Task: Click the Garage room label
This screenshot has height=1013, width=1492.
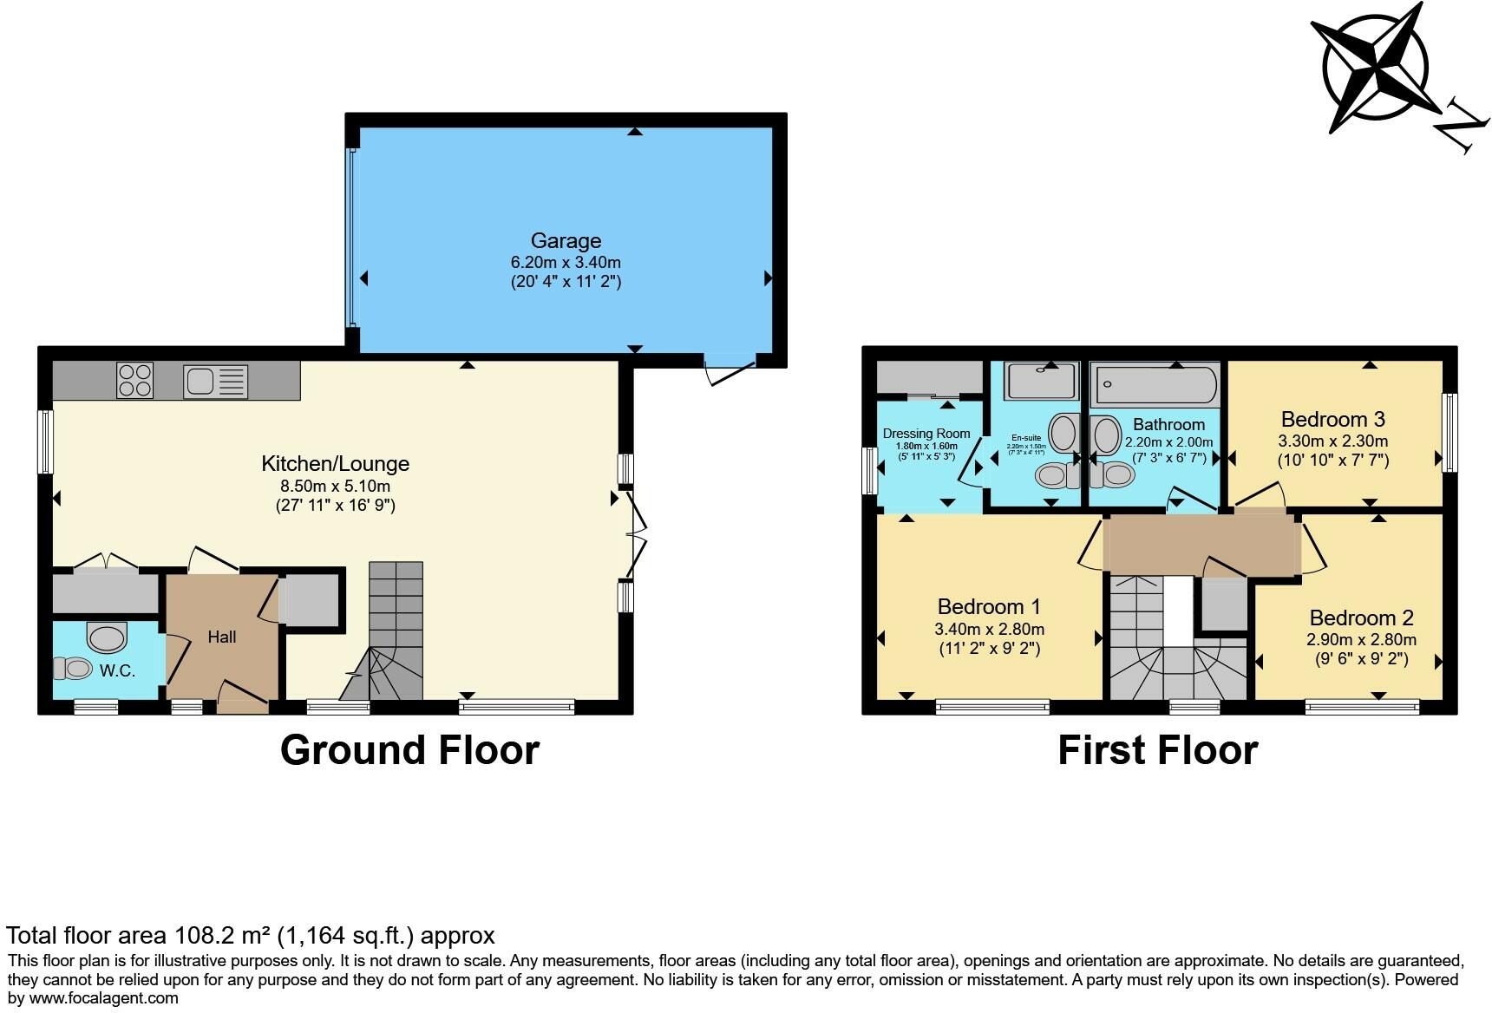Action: click(x=566, y=240)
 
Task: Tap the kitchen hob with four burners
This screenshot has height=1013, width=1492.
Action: click(x=134, y=381)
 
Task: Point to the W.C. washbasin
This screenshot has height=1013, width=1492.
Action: click(x=107, y=638)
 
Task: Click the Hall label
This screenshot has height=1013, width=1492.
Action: click(x=222, y=637)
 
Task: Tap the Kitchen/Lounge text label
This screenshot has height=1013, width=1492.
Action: click(x=335, y=463)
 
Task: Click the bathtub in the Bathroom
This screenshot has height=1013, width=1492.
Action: click(x=1155, y=383)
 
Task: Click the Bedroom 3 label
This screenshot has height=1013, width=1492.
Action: click(x=1332, y=420)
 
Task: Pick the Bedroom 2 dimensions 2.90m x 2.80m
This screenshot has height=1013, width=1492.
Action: click(x=1361, y=640)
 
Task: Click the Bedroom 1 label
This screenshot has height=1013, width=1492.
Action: click(x=989, y=606)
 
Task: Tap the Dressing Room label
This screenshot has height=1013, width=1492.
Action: click(x=926, y=434)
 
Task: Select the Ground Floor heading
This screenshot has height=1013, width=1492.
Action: click(x=409, y=750)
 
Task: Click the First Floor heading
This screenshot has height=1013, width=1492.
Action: click(x=1157, y=750)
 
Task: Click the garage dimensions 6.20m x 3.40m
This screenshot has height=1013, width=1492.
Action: click(x=566, y=262)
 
